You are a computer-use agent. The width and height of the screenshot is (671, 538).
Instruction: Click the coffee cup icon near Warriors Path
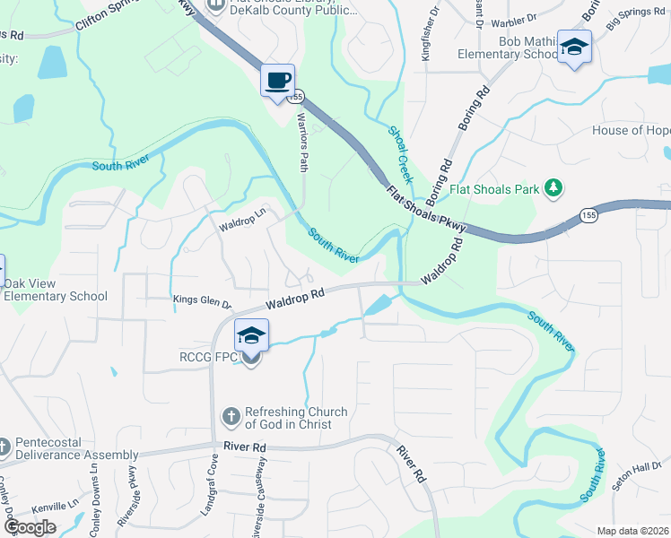278,81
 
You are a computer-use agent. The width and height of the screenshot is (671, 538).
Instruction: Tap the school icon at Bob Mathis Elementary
574,48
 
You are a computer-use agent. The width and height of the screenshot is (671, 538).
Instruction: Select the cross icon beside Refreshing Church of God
231,417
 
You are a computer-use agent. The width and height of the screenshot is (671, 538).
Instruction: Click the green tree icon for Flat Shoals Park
555,187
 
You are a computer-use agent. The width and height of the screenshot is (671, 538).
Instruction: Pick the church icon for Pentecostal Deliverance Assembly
5,446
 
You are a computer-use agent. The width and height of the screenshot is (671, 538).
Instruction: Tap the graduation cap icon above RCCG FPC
251,336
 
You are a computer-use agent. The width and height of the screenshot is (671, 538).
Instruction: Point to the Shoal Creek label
400,154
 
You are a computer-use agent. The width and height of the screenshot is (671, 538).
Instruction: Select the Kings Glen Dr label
202,303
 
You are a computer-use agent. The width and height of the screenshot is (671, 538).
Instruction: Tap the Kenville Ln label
56,507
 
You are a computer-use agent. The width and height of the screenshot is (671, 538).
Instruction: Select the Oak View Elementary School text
57,290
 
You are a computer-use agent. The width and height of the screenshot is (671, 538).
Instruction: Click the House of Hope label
631,131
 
